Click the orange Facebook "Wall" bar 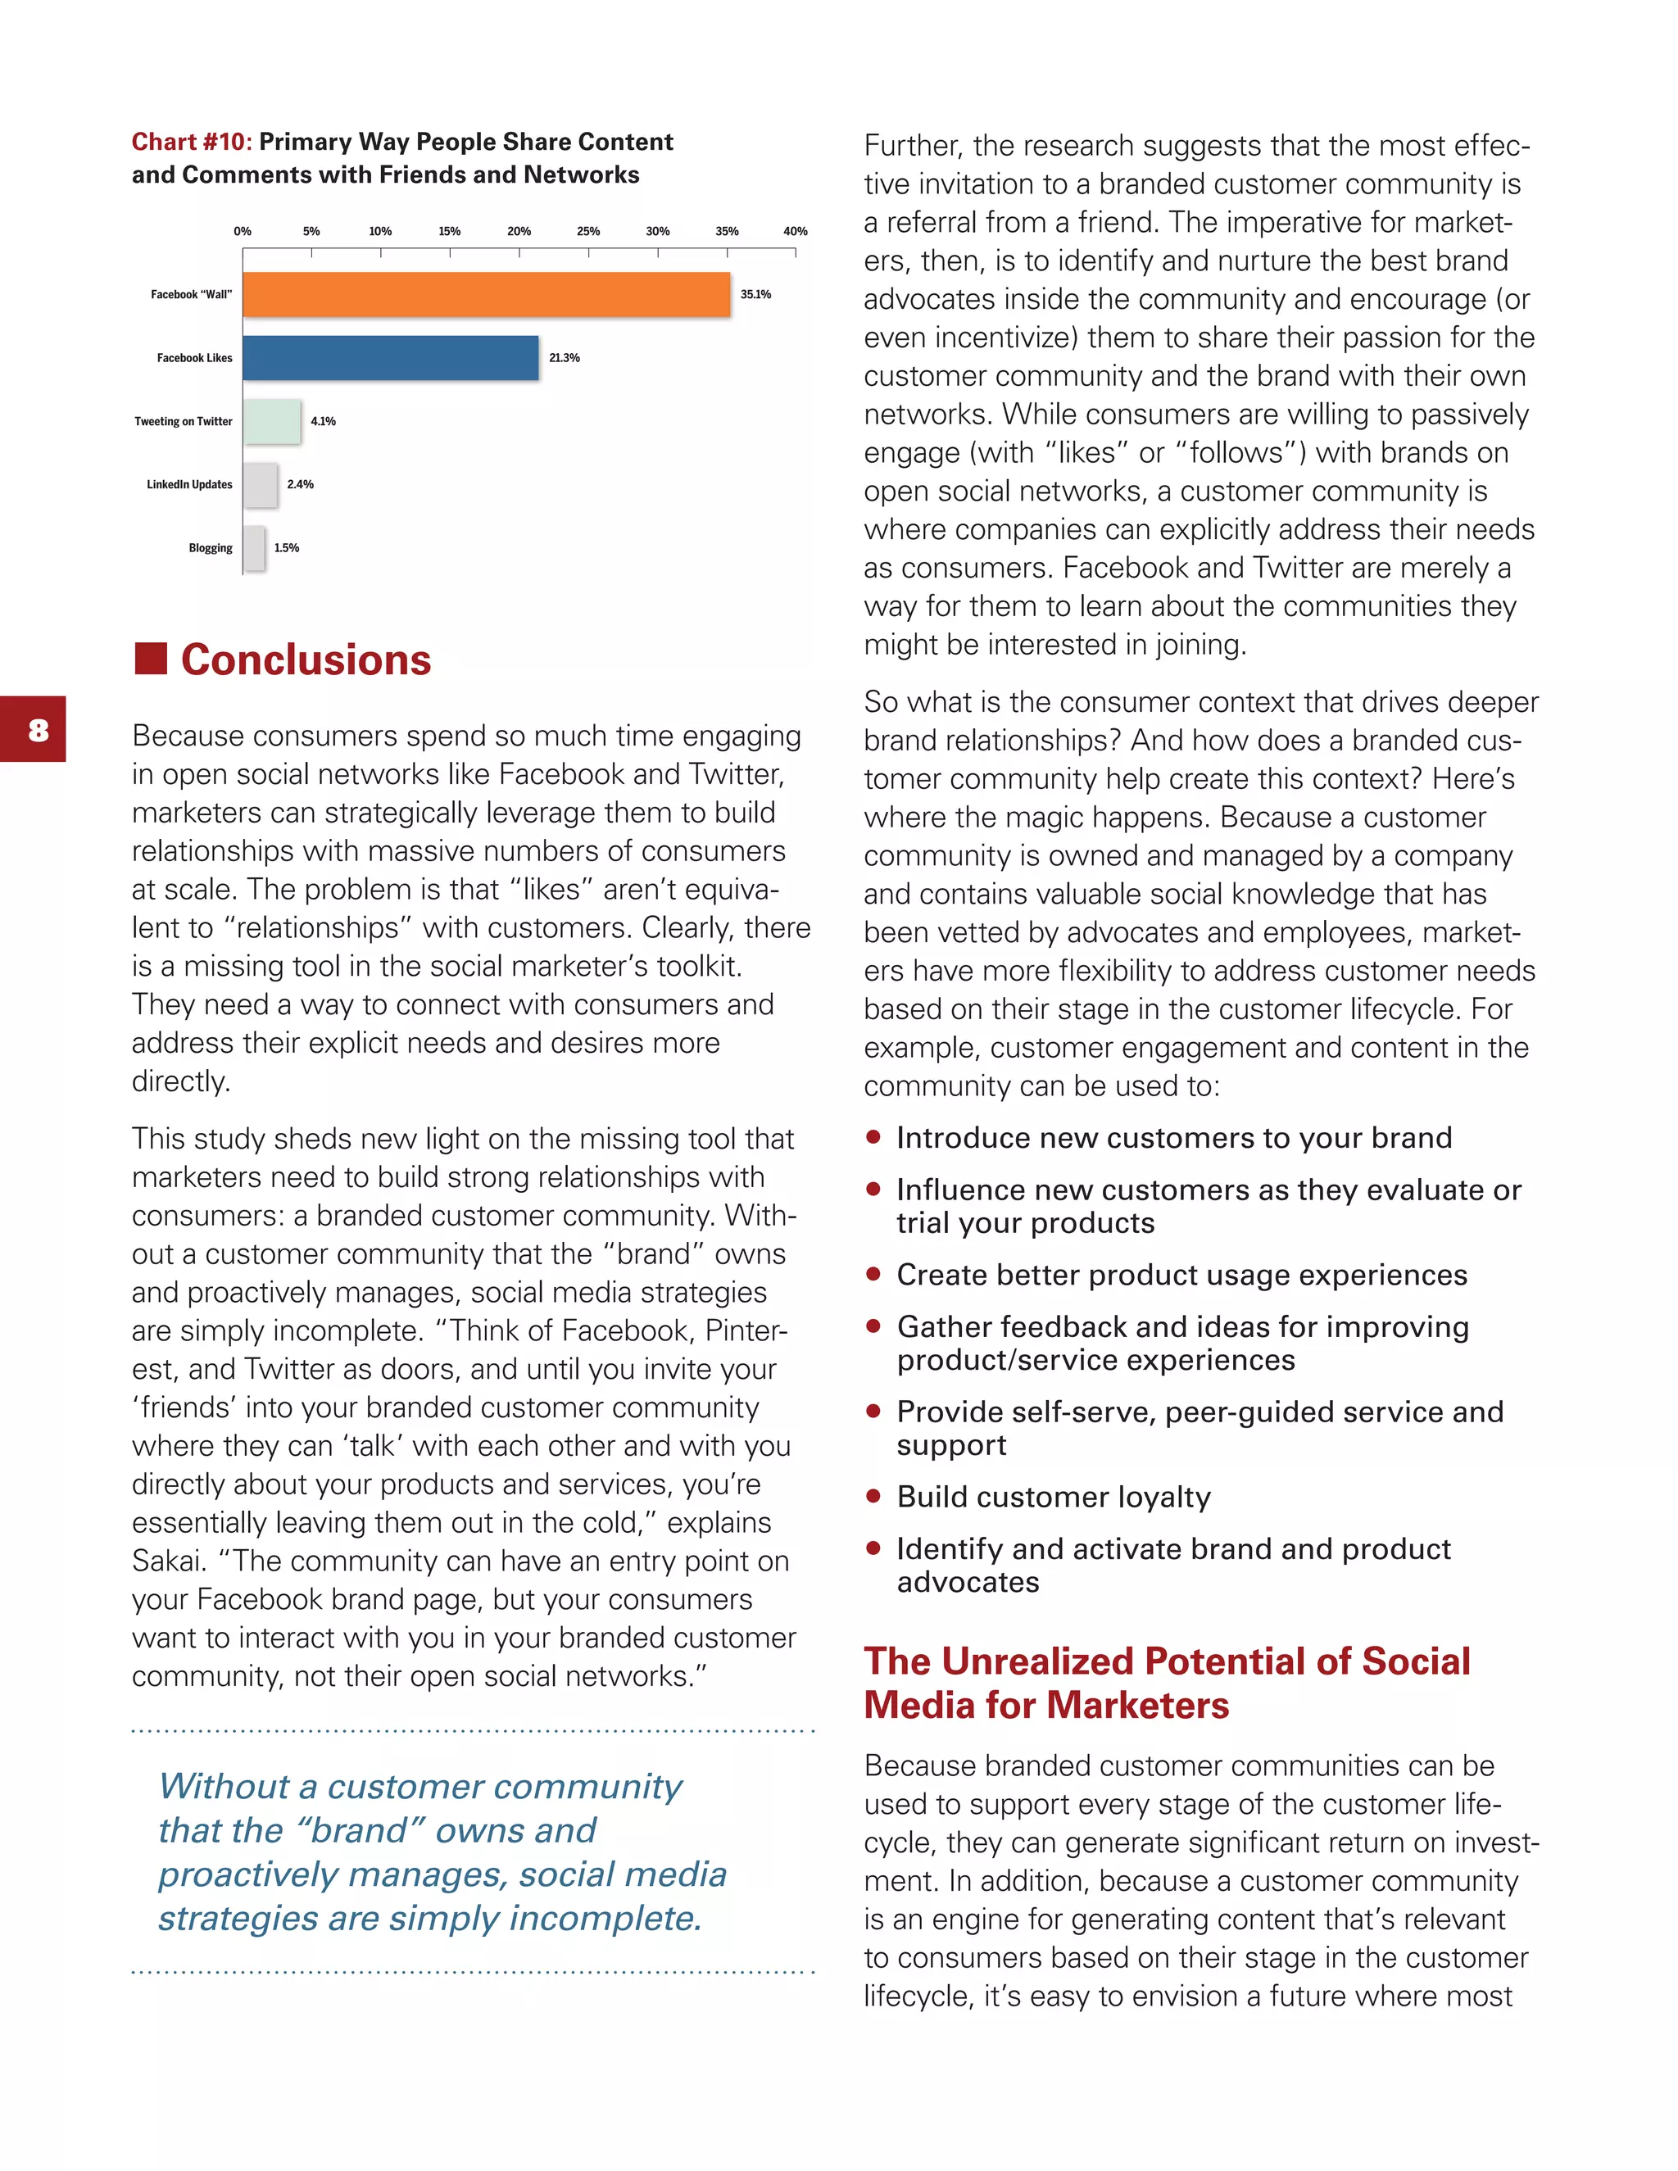[x=486, y=294]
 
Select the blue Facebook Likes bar [x=391, y=358]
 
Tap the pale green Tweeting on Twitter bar [x=271, y=421]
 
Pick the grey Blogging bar [x=255, y=548]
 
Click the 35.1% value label [x=755, y=294]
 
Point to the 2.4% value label [x=300, y=484]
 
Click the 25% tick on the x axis [x=588, y=232]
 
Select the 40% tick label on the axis [x=796, y=232]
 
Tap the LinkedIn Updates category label [x=189, y=484]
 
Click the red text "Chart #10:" [x=192, y=143]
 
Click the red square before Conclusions [x=151, y=658]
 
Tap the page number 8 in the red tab [x=38, y=730]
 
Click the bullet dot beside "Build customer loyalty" [x=873, y=1495]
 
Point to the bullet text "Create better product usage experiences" [x=1181, y=1275]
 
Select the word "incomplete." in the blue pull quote [x=605, y=1918]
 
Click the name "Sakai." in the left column [x=169, y=1561]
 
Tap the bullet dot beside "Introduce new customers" [x=873, y=1136]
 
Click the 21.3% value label [x=565, y=358]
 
